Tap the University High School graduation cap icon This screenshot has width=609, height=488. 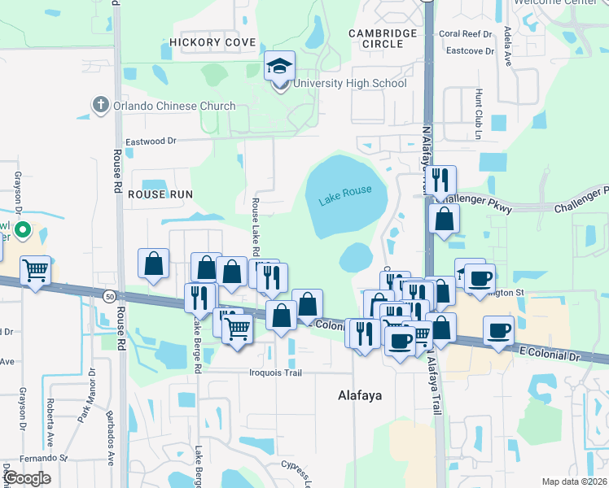279,66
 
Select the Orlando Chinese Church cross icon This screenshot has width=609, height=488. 100,105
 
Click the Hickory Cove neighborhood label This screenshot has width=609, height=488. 212,42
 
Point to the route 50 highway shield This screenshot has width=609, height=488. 109,296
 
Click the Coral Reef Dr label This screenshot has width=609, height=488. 467,34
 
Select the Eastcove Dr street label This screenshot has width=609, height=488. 467,50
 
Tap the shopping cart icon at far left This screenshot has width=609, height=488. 36,270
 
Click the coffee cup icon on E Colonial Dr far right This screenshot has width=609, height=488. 498,330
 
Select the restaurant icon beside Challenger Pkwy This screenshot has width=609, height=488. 440,180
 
